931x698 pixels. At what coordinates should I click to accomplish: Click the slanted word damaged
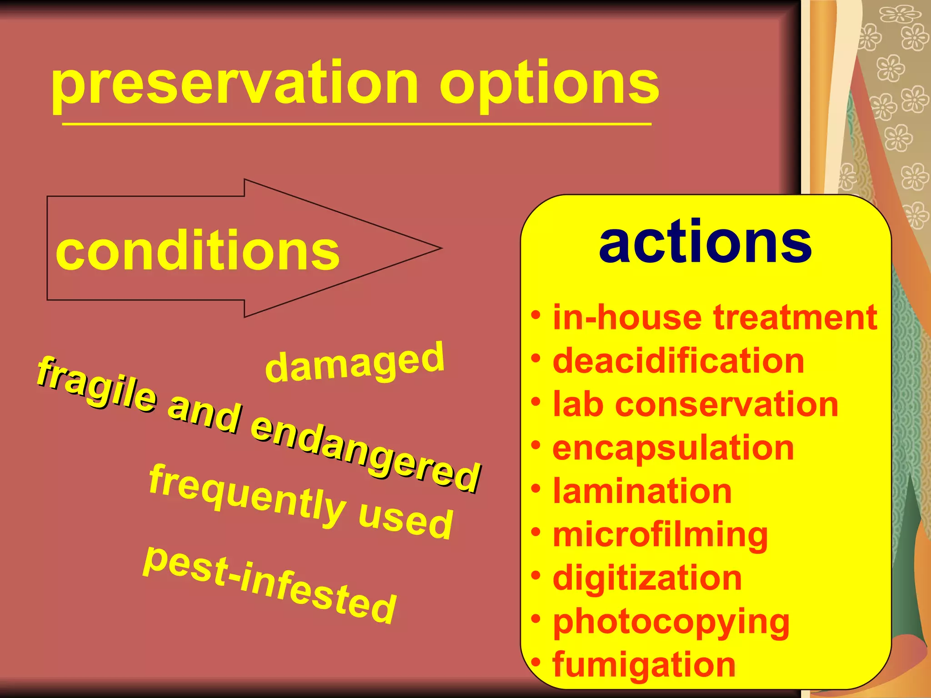pos(354,364)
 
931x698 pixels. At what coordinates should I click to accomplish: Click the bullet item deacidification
pos(678,361)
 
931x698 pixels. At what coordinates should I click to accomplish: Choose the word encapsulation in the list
pos(673,448)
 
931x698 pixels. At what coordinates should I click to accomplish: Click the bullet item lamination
pos(642,491)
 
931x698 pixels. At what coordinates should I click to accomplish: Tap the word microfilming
pos(660,535)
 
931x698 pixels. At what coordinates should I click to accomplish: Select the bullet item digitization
pos(647,578)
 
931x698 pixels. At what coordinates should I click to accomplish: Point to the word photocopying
pos(671,622)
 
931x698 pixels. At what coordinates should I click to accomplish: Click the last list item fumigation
pos(644,665)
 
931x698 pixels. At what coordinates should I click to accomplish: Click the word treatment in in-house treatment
pos(795,318)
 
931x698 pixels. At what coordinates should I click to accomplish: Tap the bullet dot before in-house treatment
pos(536,315)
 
